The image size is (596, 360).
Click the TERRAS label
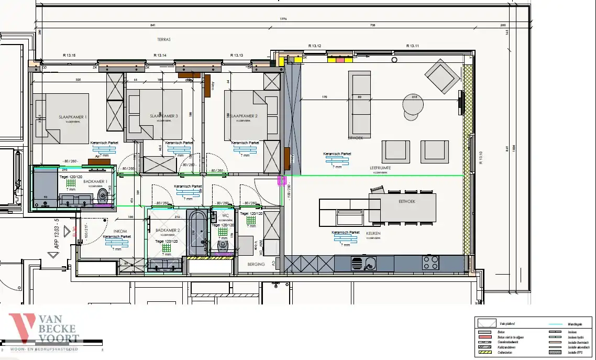[x=164, y=39]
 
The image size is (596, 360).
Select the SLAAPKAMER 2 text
[x=244, y=116]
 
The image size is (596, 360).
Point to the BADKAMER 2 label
[x=168, y=231]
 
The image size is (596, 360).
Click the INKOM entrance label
[x=120, y=231]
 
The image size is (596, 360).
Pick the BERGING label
[x=256, y=264]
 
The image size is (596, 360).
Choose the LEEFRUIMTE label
[x=380, y=168]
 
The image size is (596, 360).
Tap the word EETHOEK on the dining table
[x=406, y=201]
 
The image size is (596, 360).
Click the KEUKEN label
[x=373, y=233]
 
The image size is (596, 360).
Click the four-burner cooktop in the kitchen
[x=431, y=262]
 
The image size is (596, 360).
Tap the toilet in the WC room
[x=223, y=245]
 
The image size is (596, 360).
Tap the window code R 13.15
[x=69, y=55]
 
